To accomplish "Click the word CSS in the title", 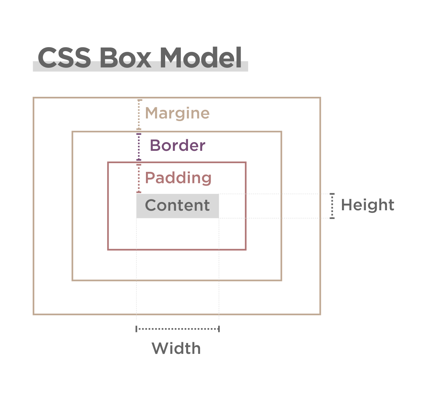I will point(64,58).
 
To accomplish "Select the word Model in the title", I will point(201,58).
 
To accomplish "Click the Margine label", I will point(177,113).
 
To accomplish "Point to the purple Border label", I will point(178,145).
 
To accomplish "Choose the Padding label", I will point(178,178).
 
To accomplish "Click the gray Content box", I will point(178,206).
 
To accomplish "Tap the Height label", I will point(367,205).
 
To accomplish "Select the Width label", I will point(176,348).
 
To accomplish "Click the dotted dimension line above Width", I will point(178,329).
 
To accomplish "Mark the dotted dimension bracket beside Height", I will point(332,206).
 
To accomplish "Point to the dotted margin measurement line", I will point(139,114).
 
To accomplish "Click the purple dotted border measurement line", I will point(139,146).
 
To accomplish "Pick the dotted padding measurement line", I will point(139,178).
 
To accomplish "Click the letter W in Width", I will point(159,348).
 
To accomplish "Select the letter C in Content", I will point(151,206).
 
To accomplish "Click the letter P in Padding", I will point(150,178).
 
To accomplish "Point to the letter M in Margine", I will point(152,113).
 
